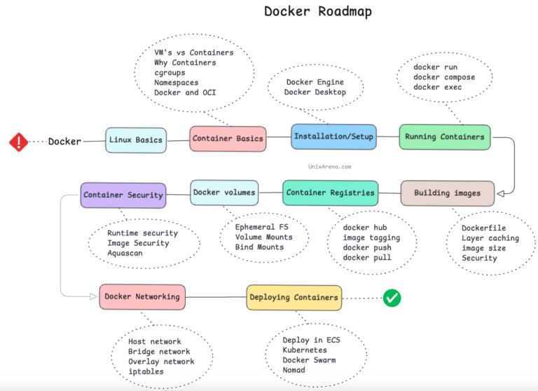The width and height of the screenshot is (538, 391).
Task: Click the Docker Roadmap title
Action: tap(317, 12)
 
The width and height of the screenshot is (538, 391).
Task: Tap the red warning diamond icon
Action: tap(19, 142)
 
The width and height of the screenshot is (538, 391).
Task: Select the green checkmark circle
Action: tap(392, 298)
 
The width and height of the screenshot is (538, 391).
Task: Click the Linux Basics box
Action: tap(136, 140)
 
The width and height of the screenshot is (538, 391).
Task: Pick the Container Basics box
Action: tap(228, 139)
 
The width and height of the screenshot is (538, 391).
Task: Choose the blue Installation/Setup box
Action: tap(333, 137)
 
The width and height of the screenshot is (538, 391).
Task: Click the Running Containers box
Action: tap(445, 137)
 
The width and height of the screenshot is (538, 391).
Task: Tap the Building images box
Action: tap(447, 193)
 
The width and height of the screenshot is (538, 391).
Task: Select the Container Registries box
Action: tap(331, 193)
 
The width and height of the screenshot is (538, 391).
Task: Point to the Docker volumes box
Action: tap(224, 192)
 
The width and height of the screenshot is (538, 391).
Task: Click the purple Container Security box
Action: tap(123, 195)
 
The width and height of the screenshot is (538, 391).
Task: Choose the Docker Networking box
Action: tap(142, 296)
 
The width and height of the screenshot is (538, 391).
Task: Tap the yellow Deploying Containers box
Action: tap(294, 298)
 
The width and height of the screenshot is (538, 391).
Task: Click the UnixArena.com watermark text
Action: tap(329, 167)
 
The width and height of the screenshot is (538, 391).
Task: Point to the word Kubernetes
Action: tap(305, 350)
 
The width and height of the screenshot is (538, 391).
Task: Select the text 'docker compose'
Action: tap(444, 78)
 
